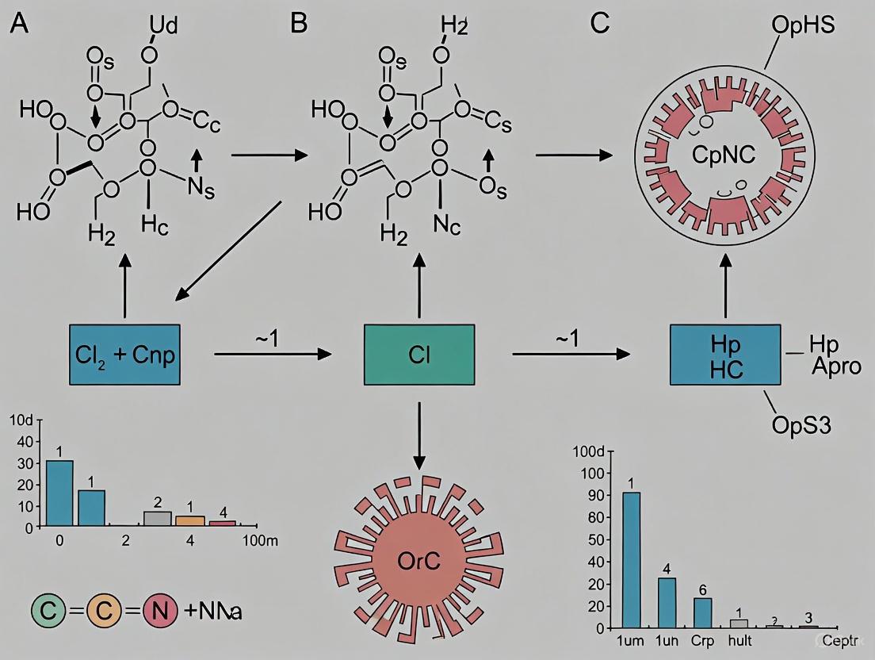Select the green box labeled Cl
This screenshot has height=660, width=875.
(419, 355)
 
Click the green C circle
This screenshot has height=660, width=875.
(50, 612)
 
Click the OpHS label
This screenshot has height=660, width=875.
(802, 25)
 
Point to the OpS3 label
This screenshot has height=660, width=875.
(802, 425)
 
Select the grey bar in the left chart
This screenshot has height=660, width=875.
(158, 518)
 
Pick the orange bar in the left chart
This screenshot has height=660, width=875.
(189, 520)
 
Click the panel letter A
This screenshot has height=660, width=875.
(19, 23)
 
